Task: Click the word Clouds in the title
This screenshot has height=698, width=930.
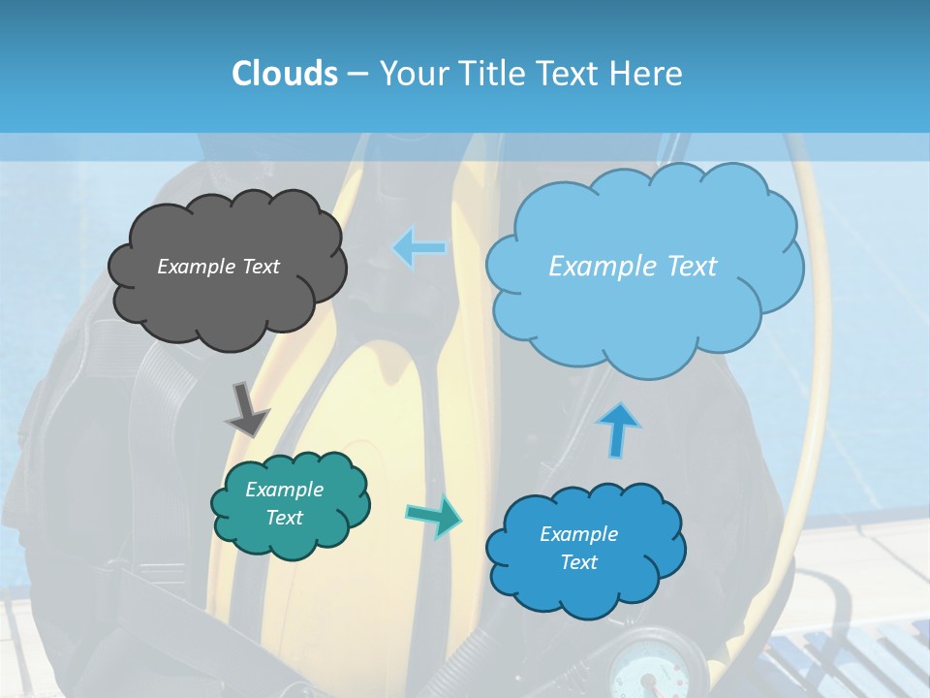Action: pyautogui.click(x=284, y=74)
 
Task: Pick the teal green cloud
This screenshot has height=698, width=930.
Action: pyautogui.click(x=290, y=538)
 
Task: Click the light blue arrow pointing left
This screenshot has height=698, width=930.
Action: pyautogui.click(x=419, y=248)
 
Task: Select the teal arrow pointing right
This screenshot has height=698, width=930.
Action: pyautogui.click(x=433, y=515)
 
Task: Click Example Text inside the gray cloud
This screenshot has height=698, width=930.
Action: pyautogui.click(x=218, y=267)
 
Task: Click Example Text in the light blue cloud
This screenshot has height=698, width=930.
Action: pyautogui.click(x=633, y=267)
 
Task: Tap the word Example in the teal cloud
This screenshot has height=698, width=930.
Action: pyautogui.click(x=284, y=490)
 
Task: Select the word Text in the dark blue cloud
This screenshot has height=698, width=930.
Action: pyautogui.click(x=578, y=562)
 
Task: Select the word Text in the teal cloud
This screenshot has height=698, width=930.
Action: pyautogui.click(x=284, y=518)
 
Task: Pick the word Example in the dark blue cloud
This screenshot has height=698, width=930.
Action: pyautogui.click(x=578, y=534)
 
